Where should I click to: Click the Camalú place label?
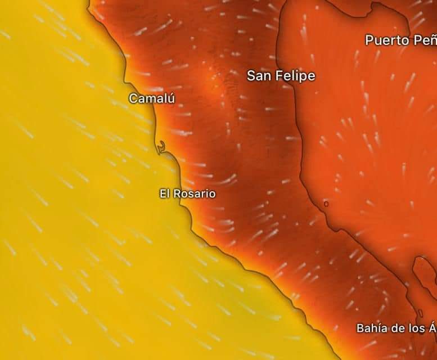click(152, 98)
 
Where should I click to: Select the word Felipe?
click(296, 76)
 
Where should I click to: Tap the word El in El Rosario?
click(164, 193)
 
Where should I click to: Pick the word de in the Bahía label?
click(397, 328)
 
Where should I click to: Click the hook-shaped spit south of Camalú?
click(162, 147)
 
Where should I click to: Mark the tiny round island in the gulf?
click(326, 204)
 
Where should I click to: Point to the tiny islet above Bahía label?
click(420, 313)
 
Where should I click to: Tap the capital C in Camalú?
click(133, 98)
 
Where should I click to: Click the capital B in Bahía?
click(361, 328)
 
